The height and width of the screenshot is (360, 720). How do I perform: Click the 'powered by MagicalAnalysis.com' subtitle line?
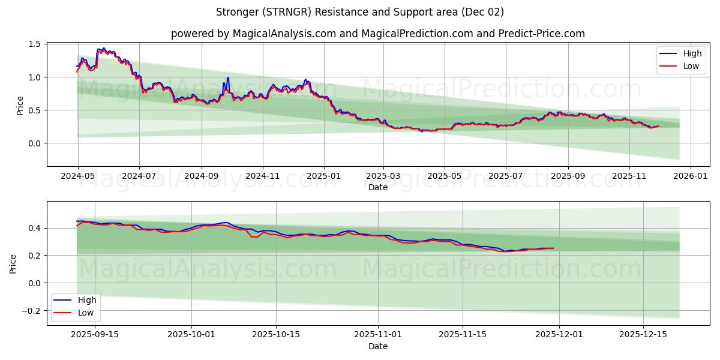377,34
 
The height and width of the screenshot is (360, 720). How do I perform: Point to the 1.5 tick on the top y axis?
34,44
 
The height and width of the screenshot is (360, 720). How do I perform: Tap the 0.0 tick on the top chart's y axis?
34,143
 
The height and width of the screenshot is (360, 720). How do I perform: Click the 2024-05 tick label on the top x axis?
77,176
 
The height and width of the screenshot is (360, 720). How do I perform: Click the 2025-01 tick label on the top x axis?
324,176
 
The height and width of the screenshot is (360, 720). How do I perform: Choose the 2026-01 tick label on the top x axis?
691,176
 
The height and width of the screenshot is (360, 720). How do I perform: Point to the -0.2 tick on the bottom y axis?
31,310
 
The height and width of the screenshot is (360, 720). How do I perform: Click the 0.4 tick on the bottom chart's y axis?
34,228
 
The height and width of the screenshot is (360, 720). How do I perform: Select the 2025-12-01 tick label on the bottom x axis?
559,335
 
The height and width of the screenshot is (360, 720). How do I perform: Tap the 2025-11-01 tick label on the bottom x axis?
378,335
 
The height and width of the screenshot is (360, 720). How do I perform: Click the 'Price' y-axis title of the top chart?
20,106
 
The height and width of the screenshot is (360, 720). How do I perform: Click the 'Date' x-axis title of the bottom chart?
377,346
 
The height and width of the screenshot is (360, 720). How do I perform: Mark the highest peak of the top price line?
103,48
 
